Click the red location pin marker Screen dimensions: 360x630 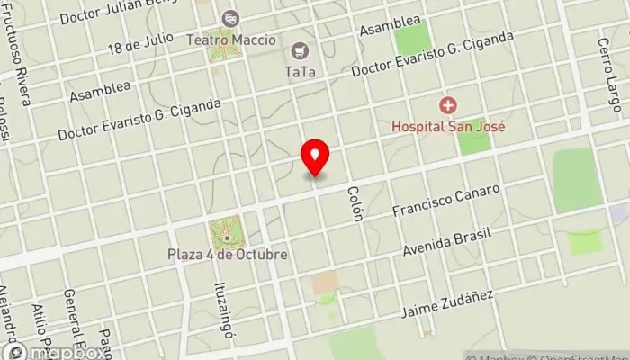315,157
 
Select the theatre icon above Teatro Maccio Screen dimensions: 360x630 230,18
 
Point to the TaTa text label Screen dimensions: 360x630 299,71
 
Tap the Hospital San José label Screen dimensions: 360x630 447,127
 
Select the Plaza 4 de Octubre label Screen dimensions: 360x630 228,255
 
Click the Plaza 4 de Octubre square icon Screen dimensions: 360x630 228,236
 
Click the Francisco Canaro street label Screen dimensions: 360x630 446,201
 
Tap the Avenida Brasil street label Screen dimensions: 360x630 447,241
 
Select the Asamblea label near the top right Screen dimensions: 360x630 390,26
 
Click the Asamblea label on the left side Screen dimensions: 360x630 101,92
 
